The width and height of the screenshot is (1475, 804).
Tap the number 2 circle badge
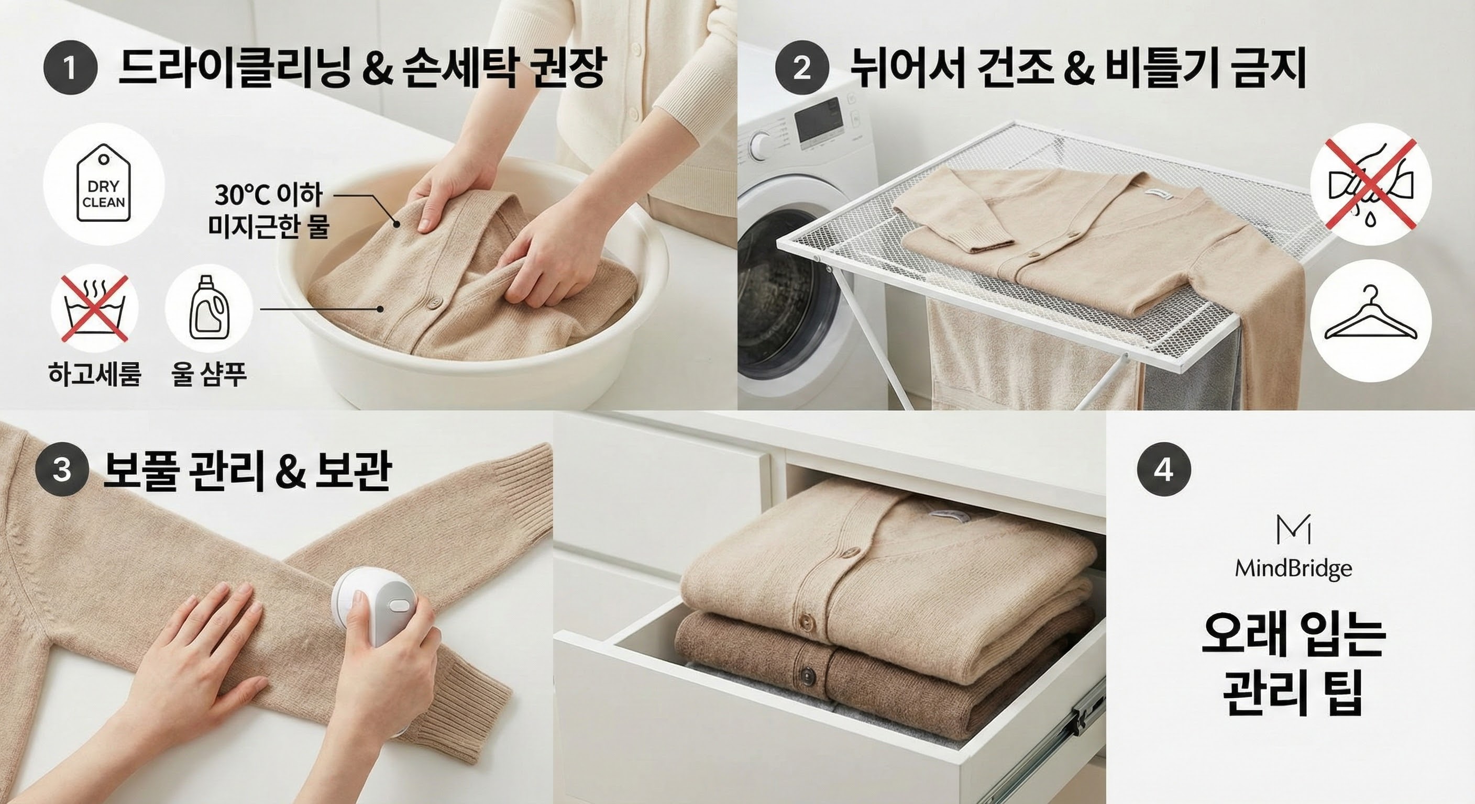[x=801, y=69]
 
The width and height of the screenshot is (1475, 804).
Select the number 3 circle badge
[x=62, y=471]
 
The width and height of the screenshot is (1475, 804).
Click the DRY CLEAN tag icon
[x=104, y=184]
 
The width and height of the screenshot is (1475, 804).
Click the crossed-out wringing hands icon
[x=1370, y=184]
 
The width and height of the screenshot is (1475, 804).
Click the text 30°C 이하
[x=269, y=195]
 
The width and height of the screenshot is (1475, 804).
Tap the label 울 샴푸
[x=209, y=375]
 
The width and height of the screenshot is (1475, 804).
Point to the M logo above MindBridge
[x=1293, y=530]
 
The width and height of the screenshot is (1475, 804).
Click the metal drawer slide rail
[x=1076, y=732]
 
